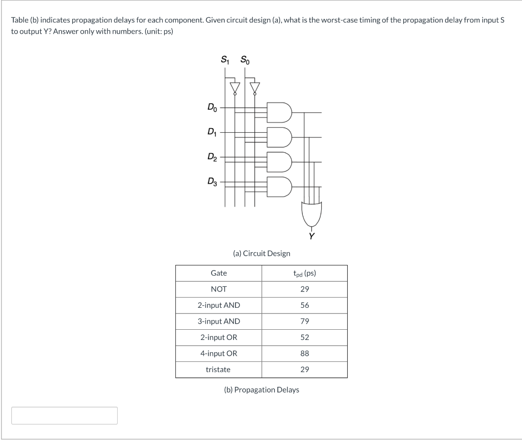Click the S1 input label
(225, 59)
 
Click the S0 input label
(245, 59)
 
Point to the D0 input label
(211, 107)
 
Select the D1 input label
(211, 132)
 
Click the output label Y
(311, 236)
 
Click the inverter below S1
(234, 88)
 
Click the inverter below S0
(255, 88)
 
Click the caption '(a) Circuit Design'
(261, 253)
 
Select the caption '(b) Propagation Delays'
(262, 389)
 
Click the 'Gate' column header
(219, 273)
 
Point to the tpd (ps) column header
(304, 273)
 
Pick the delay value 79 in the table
(304, 321)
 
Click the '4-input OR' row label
(219, 353)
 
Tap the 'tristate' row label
(218, 369)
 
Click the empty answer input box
(65, 415)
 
